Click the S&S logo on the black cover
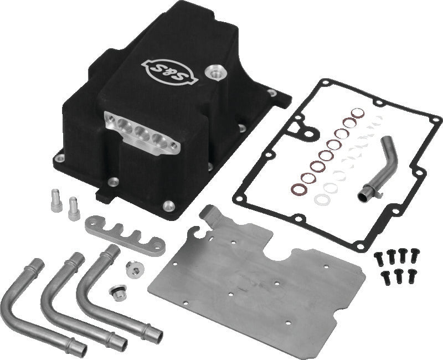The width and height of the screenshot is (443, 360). (x=168, y=71)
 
